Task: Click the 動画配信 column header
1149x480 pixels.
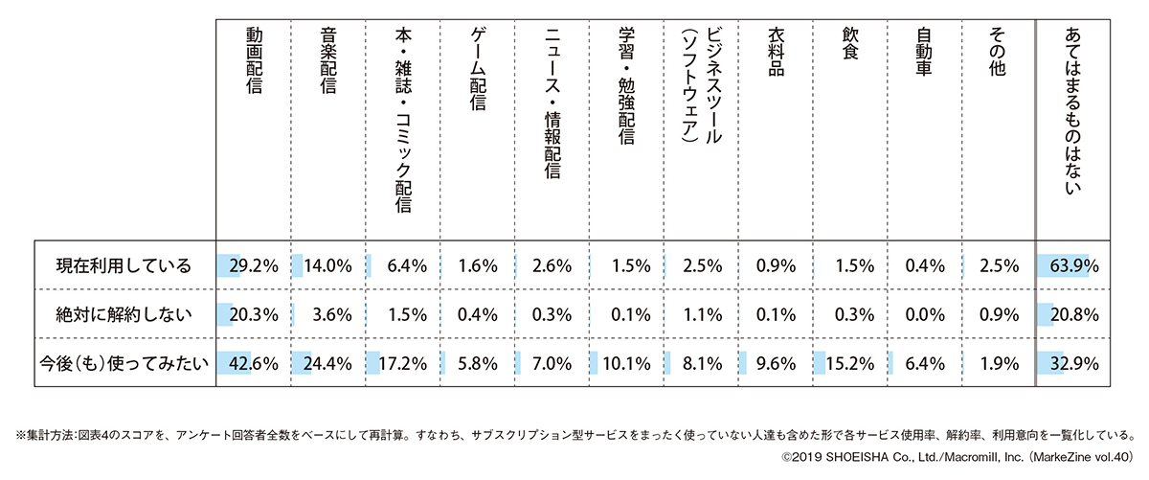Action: [254, 62]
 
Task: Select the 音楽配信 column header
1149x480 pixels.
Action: [327, 62]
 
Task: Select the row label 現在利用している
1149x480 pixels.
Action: [124, 264]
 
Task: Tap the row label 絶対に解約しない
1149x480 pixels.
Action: [124, 312]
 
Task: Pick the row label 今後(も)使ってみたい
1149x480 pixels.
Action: [124, 361]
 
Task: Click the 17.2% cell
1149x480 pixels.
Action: [402, 362]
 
